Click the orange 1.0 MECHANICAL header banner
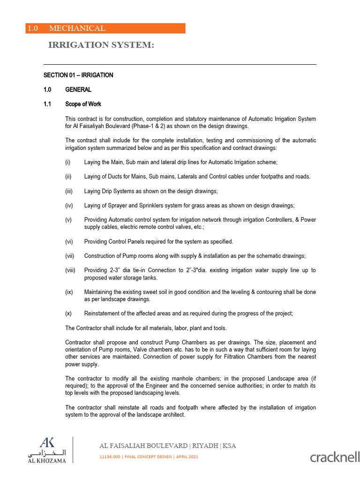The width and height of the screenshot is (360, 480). [105, 28]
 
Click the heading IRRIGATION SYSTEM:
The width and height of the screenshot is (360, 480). [101, 45]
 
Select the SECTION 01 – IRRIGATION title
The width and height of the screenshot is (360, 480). [78, 75]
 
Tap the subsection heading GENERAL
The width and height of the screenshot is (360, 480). [78, 90]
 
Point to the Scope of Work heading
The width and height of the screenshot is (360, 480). [83, 104]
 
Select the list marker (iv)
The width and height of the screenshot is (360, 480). [68, 205]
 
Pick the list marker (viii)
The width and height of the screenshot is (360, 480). [70, 270]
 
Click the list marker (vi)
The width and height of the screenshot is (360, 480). [68, 241]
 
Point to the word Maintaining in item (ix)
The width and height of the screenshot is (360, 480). [98, 292]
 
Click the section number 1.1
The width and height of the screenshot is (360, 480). [47, 104]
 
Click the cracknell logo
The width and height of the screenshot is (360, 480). [335, 457]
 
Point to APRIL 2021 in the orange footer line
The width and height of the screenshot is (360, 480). [186, 457]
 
